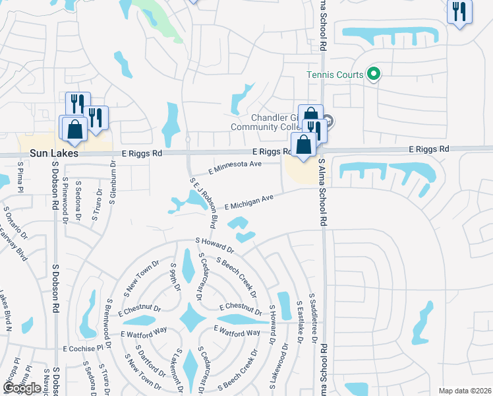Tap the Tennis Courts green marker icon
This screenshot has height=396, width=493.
click(374, 75)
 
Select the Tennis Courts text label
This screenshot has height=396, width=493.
click(335, 75)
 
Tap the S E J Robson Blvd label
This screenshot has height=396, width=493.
click(204, 199)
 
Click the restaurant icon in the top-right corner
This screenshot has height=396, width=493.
click(459, 12)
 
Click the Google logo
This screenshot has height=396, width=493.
click(22, 388)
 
